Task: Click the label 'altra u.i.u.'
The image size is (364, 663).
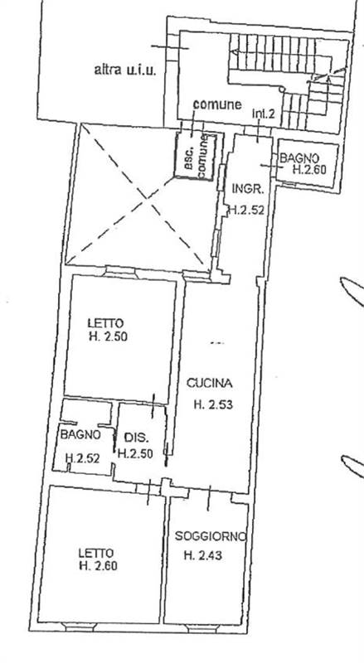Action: coord(125,70)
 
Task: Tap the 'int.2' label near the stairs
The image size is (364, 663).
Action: coord(264,114)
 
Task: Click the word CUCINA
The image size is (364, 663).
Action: coord(210,384)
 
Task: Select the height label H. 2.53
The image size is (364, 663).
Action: coord(213,404)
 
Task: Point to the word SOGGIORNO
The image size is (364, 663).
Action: coord(211,536)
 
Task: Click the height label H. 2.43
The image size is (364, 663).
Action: coord(203,555)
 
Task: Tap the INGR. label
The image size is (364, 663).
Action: coord(248,189)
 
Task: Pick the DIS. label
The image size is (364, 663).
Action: coord(135,437)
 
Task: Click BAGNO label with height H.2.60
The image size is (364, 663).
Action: coord(298,159)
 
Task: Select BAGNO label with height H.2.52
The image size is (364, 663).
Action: coord(80,434)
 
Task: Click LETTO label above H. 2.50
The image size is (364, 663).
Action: coord(106,323)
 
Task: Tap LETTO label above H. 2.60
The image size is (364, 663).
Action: coord(96,553)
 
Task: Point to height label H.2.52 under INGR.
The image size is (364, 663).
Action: coord(247,211)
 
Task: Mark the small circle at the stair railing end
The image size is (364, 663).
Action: coord(281,90)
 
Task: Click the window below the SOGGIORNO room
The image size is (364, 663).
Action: coord(202,629)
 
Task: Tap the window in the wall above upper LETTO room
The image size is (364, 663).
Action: coord(120,271)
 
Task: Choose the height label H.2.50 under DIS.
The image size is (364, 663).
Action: coord(135,453)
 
